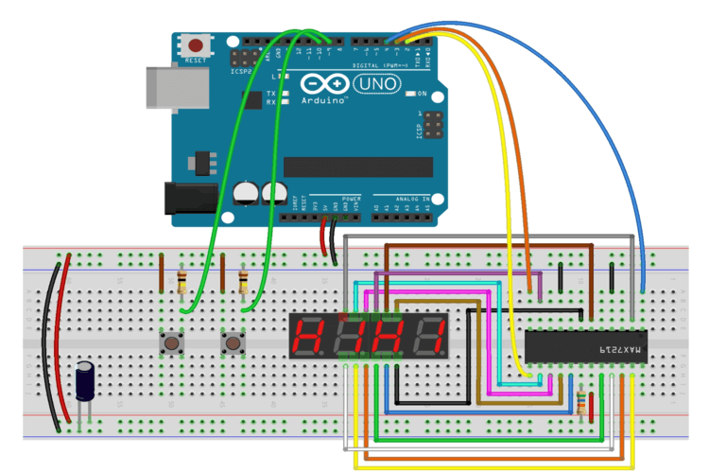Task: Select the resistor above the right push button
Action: pos(244,281)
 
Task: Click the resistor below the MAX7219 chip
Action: pos(579,403)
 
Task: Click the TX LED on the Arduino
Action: pos(281,93)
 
